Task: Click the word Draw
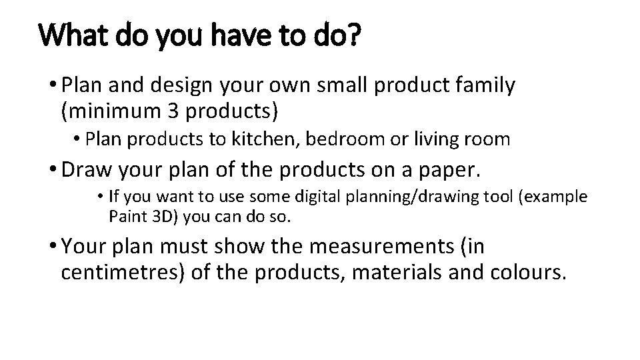point(87,170)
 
